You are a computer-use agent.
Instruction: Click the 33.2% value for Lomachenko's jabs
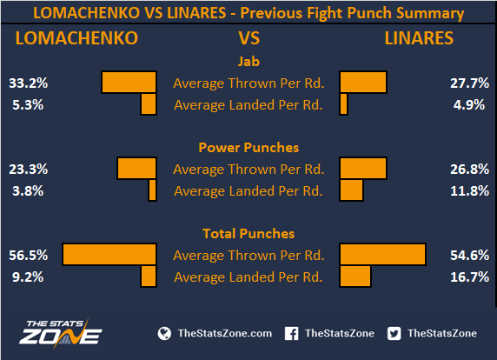point(28,83)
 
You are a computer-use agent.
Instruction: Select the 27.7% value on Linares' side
point(469,83)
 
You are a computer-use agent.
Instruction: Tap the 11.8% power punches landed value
point(469,191)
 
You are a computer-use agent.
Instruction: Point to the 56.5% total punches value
point(28,256)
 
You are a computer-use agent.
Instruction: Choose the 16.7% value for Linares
point(469,277)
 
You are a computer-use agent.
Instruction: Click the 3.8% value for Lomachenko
point(28,191)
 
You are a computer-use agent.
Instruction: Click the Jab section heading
point(248,61)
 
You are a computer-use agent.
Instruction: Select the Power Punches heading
point(248,148)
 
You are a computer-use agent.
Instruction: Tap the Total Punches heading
point(248,234)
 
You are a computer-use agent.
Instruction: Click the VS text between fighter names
point(249,38)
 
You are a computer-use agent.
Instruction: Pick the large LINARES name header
point(419,38)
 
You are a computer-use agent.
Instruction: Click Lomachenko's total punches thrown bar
point(109,254)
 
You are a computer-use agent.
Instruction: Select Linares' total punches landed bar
point(355,277)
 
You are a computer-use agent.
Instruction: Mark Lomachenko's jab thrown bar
point(129,82)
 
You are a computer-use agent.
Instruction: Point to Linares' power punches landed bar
point(351,190)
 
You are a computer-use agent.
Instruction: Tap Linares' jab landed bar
point(343,104)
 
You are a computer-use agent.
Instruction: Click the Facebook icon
point(291,334)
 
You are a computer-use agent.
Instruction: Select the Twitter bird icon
point(394,334)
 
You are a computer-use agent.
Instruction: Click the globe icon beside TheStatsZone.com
point(164,334)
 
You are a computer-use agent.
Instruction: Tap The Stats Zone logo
point(60,333)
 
